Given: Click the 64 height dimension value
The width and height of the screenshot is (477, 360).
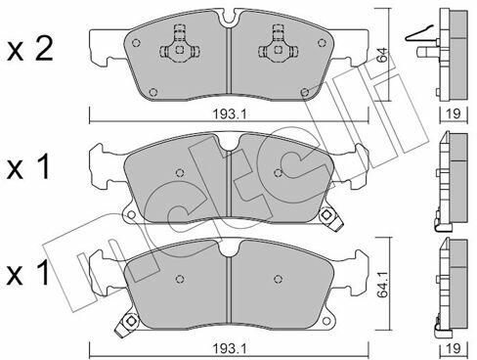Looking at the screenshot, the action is tap(383, 55).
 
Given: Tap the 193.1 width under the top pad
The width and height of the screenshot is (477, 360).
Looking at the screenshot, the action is tap(230, 114).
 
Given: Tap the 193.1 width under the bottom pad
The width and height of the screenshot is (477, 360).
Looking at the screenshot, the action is tap(230, 348).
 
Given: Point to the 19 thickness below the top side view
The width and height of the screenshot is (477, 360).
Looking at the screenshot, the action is tap(454, 113).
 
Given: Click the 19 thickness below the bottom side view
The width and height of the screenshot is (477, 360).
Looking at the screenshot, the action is tap(454, 348).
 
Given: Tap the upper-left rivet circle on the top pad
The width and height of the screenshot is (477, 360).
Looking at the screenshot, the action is tap(136, 43).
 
